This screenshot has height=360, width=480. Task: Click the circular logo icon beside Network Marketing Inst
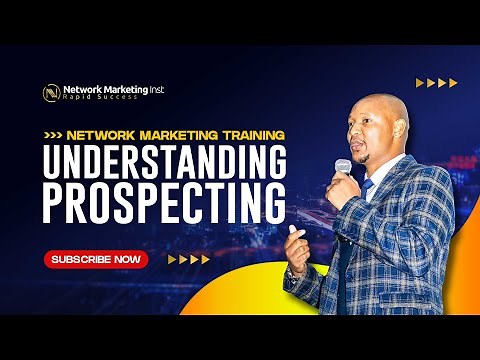pyautogui.click(x=50, y=92)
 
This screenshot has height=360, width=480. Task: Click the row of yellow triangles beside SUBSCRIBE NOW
pyautogui.click(x=188, y=259)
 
